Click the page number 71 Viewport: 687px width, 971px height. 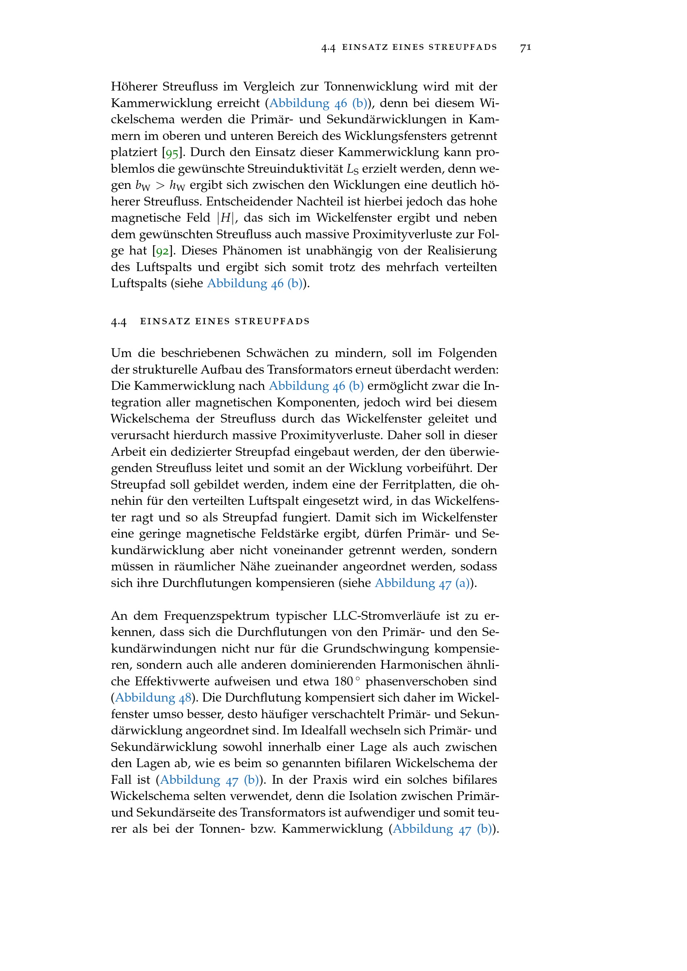tap(525, 47)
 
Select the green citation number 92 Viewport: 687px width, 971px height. tap(162, 251)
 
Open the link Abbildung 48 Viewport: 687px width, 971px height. tap(153, 697)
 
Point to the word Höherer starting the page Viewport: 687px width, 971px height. tap(134, 87)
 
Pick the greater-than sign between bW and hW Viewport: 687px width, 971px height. tap(159, 185)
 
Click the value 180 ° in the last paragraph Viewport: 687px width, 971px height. tap(346, 681)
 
